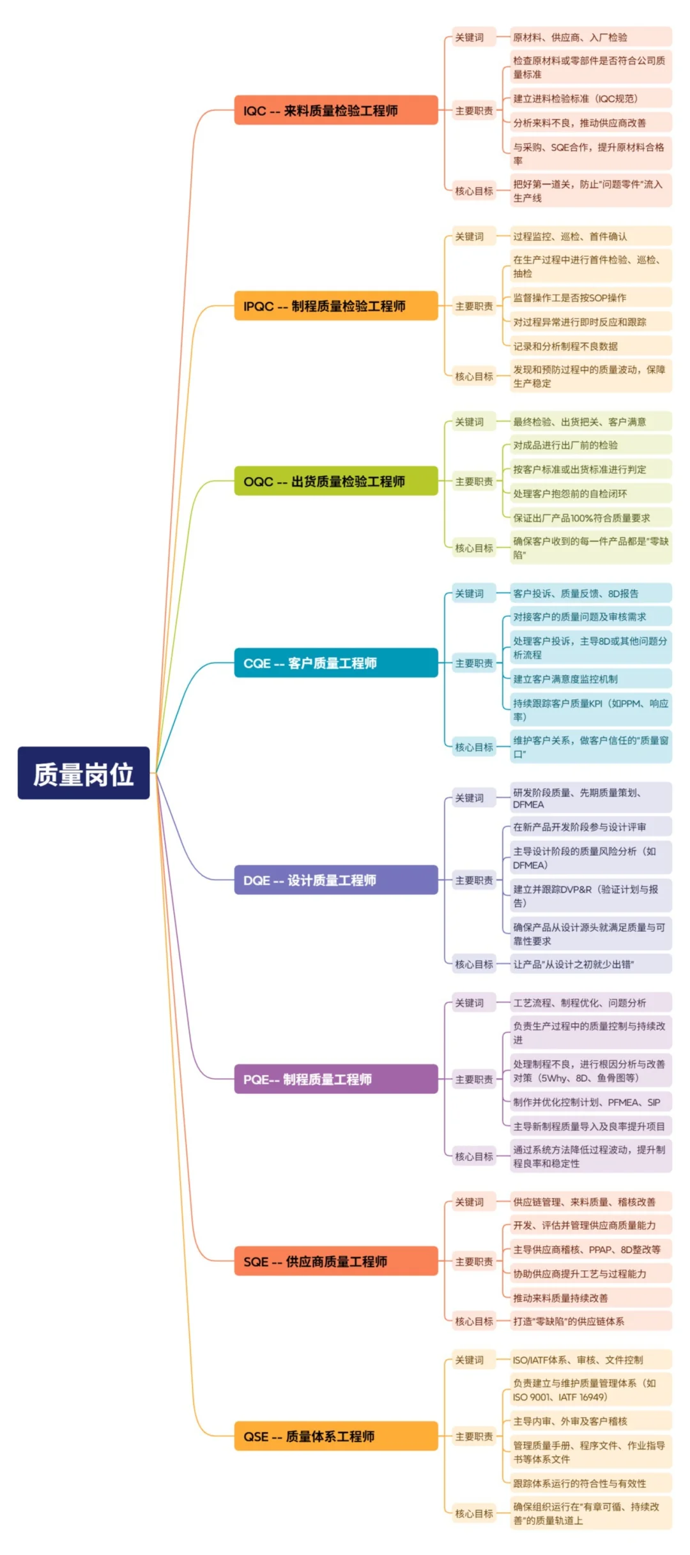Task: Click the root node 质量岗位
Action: click(83, 773)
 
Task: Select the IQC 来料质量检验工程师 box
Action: click(335, 110)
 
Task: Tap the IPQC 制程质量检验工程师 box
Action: click(335, 306)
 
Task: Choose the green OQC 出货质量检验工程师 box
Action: click(335, 481)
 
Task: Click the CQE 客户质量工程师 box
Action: click(335, 663)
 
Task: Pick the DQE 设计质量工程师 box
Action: click(335, 880)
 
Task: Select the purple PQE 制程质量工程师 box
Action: click(335, 1079)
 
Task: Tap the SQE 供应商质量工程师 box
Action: click(335, 1261)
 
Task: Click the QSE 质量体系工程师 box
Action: click(335, 1436)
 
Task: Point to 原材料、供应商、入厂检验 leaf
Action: click(590, 37)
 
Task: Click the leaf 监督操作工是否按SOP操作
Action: click(590, 298)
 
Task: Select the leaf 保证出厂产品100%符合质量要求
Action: click(590, 518)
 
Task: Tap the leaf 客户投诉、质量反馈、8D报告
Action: click(590, 593)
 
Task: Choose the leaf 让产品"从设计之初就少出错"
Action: click(590, 964)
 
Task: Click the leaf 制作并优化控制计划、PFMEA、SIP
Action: click(590, 1102)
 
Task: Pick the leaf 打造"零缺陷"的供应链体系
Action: click(590, 1321)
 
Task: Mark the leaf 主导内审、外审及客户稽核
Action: click(590, 1421)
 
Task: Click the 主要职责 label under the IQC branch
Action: click(473, 110)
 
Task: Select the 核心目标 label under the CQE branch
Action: click(473, 747)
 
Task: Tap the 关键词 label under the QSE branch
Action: click(470, 1360)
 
